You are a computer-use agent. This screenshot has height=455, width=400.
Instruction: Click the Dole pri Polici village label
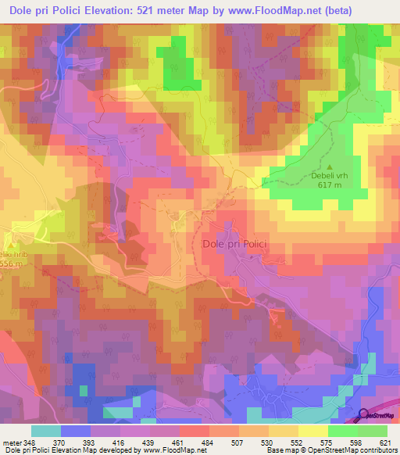click(234, 244)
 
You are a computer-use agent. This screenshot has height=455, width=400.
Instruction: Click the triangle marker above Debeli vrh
click(329, 166)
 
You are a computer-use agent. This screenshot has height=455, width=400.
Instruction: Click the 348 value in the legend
click(30, 442)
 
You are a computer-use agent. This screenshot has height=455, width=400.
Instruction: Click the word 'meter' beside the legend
click(11, 442)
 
